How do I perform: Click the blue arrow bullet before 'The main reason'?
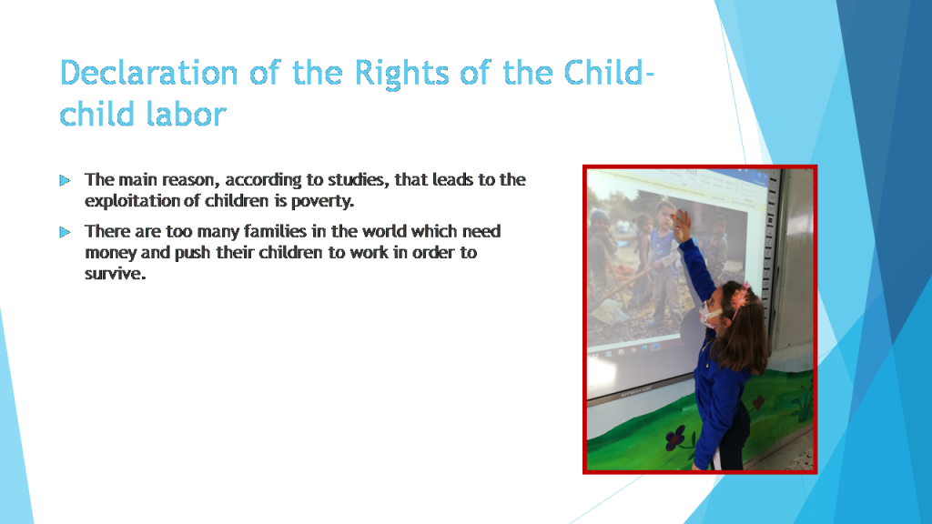coord(65,180)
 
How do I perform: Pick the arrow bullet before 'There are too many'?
coord(65,232)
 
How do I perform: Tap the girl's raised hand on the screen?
coord(679,222)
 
